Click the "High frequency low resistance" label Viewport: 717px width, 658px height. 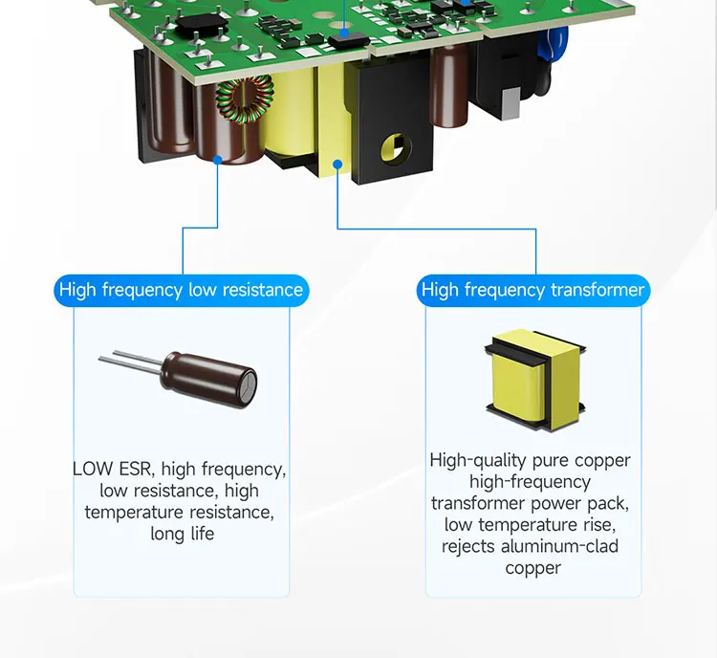[x=181, y=290]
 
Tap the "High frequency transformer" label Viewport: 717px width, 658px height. [x=532, y=290]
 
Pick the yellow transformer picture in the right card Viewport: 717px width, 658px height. [x=533, y=377]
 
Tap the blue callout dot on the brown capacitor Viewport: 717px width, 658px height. [x=219, y=161]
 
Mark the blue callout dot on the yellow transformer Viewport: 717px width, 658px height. [x=337, y=164]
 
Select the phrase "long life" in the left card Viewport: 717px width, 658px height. [x=182, y=534]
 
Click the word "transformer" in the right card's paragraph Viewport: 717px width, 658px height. [x=477, y=503]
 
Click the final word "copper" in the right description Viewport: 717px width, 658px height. [x=532, y=568]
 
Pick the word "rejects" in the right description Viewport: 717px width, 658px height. [x=467, y=546]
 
